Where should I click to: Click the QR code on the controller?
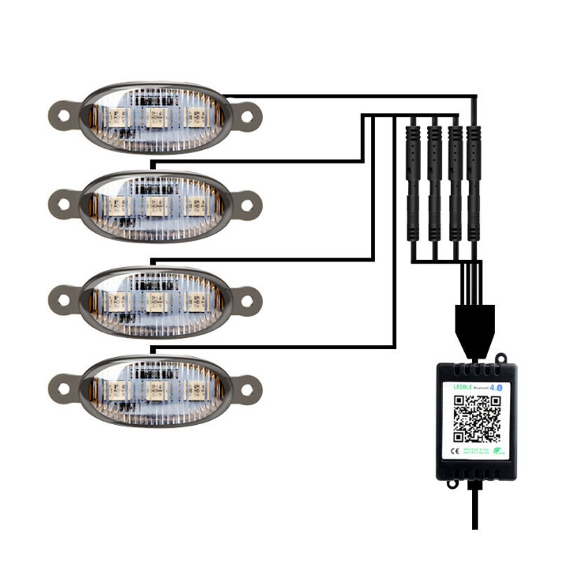pos(476,419)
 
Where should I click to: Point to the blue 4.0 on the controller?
pos(496,386)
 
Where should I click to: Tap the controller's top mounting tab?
pos(501,359)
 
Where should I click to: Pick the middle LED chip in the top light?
pos(154,116)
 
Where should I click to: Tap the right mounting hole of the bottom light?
pos(245,385)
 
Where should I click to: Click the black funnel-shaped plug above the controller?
pos(476,323)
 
